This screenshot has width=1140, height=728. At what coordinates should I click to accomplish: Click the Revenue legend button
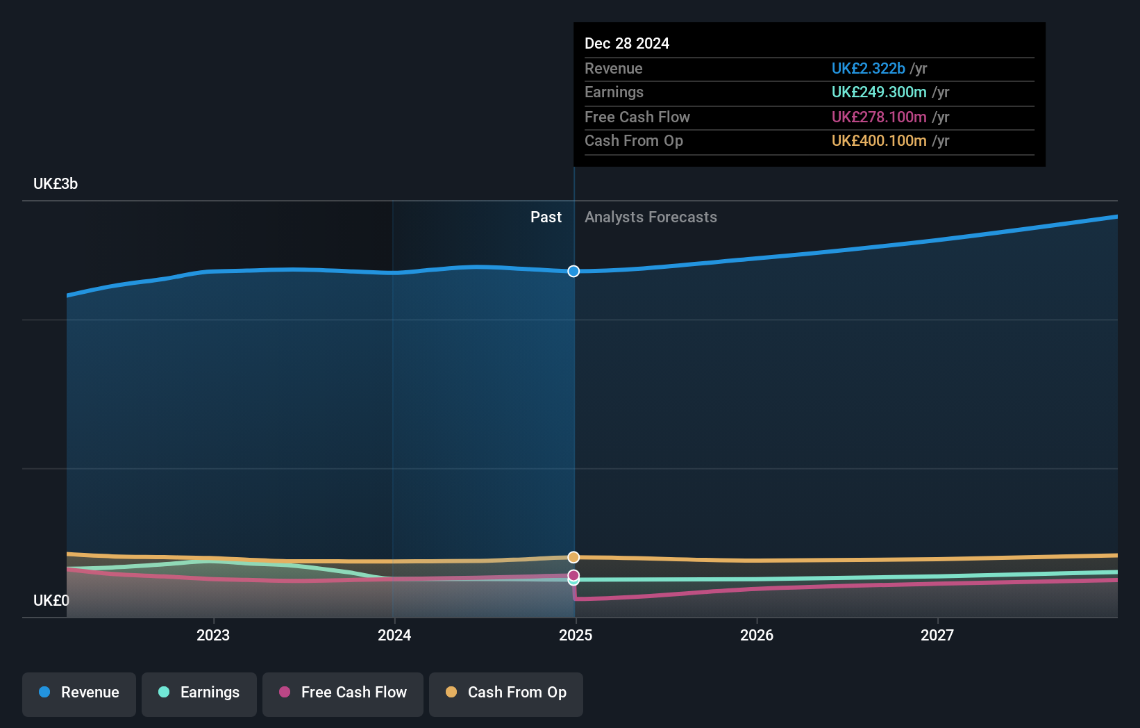coord(79,693)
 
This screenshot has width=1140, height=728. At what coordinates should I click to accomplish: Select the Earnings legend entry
coord(199,693)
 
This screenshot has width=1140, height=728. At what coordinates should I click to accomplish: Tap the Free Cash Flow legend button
coord(343,693)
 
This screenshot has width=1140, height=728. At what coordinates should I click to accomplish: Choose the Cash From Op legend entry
coord(506,693)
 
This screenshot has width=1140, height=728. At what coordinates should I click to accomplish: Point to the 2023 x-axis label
coord(213,636)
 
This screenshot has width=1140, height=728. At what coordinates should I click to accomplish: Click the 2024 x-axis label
coord(394,636)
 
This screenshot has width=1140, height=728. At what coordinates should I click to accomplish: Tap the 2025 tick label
coord(576,636)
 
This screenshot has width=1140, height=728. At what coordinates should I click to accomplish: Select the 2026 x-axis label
coord(757,636)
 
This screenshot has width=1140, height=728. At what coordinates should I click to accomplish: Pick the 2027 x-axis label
coord(937,636)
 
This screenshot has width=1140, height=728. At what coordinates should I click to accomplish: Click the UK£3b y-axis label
coord(56,184)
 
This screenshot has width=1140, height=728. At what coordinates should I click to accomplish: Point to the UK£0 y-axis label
coord(51,601)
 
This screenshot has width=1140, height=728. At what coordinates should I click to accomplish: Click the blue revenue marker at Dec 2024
coord(573,272)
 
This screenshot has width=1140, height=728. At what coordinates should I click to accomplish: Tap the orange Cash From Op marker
coord(573,557)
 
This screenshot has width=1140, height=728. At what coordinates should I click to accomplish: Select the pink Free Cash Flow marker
coord(573,575)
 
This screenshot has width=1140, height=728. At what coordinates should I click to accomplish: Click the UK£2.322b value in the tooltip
coord(868,69)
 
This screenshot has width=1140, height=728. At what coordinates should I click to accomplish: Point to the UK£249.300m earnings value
coord(879,92)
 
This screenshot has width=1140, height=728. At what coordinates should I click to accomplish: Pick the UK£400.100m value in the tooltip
coord(879,141)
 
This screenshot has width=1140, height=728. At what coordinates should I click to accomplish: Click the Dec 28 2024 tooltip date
coord(627,44)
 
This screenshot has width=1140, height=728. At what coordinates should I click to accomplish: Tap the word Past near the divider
coord(546,217)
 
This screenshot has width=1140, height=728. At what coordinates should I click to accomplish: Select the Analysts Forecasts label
coord(651,217)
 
